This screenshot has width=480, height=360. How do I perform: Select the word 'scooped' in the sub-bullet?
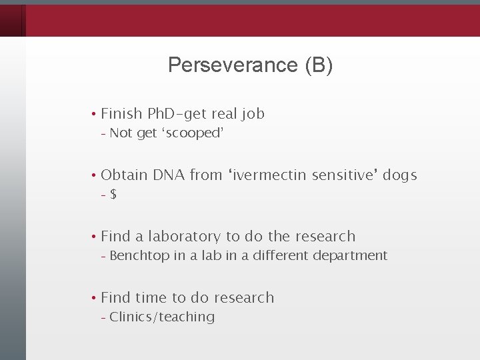point(191,133)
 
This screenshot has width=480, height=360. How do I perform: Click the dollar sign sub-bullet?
point(114,195)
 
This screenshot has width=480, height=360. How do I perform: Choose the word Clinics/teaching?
point(162,317)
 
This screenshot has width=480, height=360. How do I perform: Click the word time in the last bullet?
point(153,297)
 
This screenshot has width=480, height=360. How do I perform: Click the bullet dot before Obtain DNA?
point(95,176)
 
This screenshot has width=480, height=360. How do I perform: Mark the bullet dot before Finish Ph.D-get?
point(95,115)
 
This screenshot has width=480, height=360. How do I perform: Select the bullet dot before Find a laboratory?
point(95,237)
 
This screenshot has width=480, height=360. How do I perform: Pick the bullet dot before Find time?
point(95,298)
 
